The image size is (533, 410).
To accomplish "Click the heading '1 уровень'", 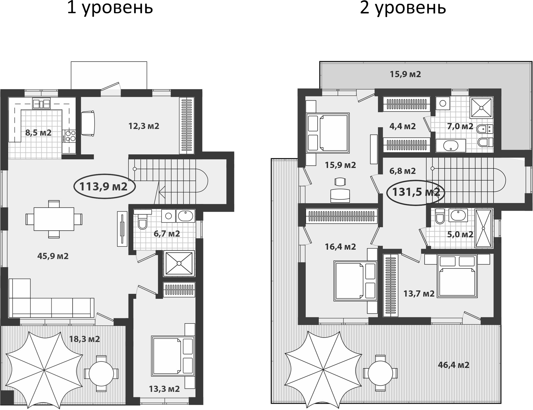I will pyautogui.click(x=110, y=8).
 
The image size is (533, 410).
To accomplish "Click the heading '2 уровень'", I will pyautogui.click(x=403, y=8).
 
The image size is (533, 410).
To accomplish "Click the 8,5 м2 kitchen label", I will pyautogui.click(x=38, y=133).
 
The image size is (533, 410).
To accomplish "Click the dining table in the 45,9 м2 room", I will pyautogui.click(x=54, y=219).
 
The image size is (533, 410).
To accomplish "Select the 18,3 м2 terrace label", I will pyautogui.click(x=84, y=339).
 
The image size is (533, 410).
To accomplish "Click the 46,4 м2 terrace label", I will pyautogui.click(x=453, y=365).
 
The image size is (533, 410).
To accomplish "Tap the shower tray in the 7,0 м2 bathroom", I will pyautogui.click(x=481, y=107).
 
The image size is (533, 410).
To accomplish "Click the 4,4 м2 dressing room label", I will pyautogui.click(x=402, y=126).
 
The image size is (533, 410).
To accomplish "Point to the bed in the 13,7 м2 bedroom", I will pyautogui.click(x=458, y=276).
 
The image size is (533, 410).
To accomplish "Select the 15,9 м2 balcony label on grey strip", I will pyautogui.click(x=405, y=74).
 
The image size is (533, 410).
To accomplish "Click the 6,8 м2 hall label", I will pyautogui.click(x=402, y=171).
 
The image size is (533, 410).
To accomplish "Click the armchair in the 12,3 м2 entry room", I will pyautogui.click(x=88, y=123).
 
